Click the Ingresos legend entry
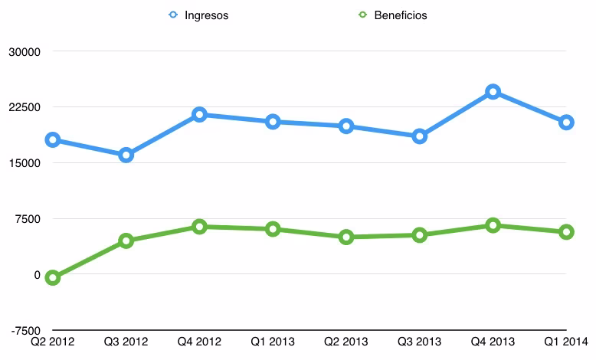(x=198, y=15)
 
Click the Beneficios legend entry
(x=393, y=15)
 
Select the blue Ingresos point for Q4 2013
(x=493, y=92)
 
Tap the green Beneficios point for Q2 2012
(x=52, y=278)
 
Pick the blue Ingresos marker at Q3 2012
(x=126, y=155)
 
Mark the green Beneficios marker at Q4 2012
(x=199, y=227)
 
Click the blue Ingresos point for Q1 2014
(x=566, y=123)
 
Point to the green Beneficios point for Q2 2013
(x=346, y=237)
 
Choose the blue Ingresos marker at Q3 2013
(x=420, y=136)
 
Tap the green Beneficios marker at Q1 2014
(x=566, y=232)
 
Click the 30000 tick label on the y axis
(x=25, y=51)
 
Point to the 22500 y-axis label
(x=25, y=107)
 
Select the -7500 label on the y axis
(x=26, y=331)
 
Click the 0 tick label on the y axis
(x=37, y=275)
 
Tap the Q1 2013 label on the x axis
(x=273, y=342)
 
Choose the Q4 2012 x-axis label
(x=199, y=342)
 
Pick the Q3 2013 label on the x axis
(x=419, y=342)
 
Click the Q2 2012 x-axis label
(x=52, y=342)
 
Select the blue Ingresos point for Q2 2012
(x=52, y=140)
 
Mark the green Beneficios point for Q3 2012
(x=126, y=241)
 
